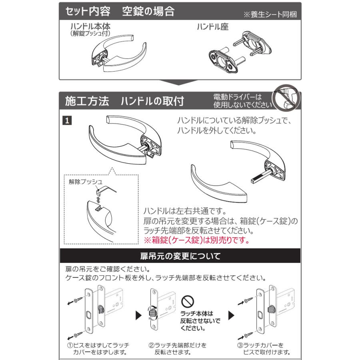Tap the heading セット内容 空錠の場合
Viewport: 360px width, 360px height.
[120, 11]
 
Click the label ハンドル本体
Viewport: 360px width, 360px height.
[90, 27]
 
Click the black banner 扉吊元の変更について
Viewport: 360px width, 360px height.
[180, 255]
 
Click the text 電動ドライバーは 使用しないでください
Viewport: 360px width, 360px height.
[242, 101]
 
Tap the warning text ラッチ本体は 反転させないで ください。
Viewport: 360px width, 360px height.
[200, 321]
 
